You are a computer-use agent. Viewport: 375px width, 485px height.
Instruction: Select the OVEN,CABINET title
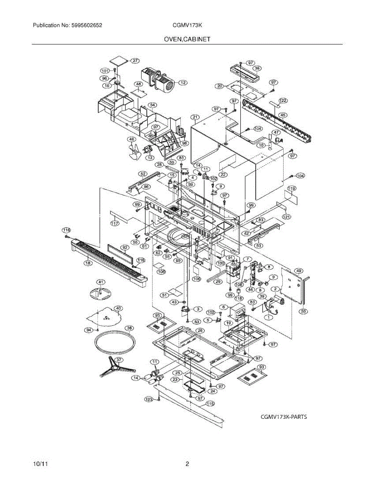(x=187, y=39)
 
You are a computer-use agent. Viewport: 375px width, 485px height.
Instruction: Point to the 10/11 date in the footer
(x=39, y=464)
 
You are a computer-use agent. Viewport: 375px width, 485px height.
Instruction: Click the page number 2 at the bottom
(x=187, y=464)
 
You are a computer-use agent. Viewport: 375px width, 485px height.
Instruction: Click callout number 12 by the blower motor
(x=182, y=83)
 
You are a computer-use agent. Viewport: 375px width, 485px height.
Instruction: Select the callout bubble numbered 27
(x=134, y=61)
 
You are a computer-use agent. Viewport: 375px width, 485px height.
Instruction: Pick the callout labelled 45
(x=283, y=115)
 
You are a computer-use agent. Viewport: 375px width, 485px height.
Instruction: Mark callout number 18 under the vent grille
(x=87, y=263)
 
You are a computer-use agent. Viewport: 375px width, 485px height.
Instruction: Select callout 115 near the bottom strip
(x=210, y=403)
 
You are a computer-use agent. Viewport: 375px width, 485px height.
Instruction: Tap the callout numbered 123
(x=149, y=399)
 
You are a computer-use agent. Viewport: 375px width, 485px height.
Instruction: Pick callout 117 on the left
(x=114, y=223)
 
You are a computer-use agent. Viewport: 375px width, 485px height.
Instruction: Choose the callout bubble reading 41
(x=100, y=282)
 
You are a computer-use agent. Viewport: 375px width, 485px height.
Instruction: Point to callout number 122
(x=283, y=100)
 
